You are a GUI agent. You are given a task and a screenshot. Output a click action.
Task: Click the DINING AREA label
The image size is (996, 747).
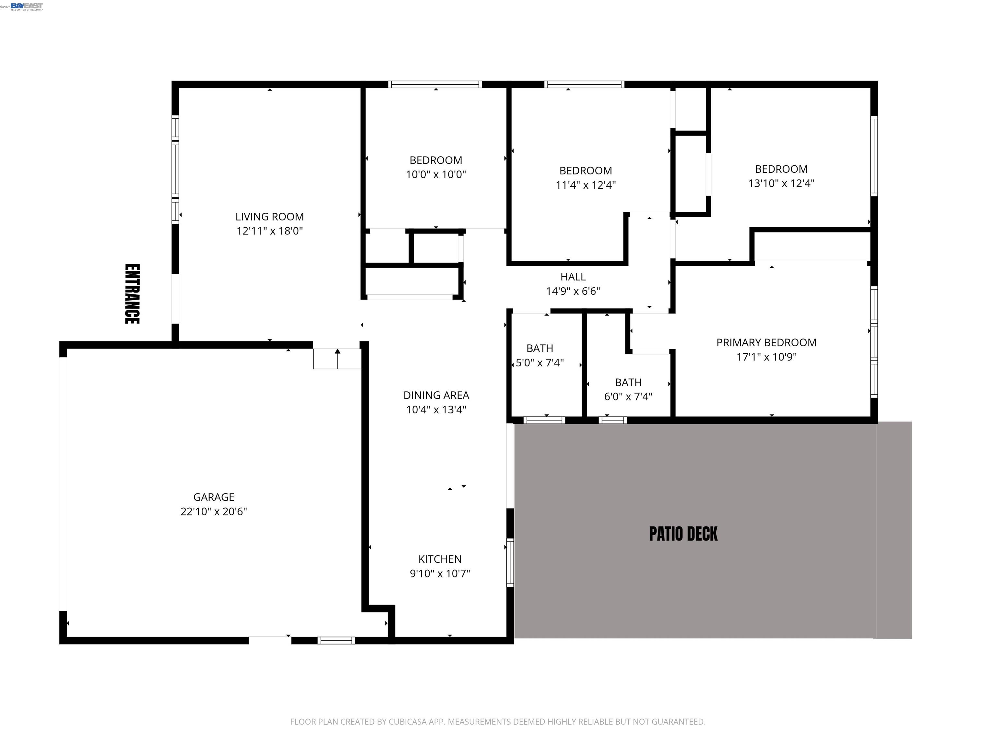[x=436, y=395]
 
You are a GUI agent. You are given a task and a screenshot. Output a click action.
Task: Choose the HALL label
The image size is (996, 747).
[x=573, y=277]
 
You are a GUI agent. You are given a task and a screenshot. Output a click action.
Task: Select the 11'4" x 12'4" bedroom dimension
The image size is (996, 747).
[x=585, y=185]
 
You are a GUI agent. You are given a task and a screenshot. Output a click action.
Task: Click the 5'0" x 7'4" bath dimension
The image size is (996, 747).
[x=539, y=362]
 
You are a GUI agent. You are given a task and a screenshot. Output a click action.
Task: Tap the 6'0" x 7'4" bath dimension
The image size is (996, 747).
[x=628, y=397]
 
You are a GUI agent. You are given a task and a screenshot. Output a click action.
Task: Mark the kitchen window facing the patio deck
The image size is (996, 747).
[x=510, y=562]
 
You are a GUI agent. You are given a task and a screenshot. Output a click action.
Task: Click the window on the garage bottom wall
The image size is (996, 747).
[x=336, y=640]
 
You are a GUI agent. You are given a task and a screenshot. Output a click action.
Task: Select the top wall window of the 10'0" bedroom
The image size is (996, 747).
[x=435, y=84]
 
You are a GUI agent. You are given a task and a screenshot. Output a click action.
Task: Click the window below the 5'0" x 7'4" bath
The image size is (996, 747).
[x=544, y=420]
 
